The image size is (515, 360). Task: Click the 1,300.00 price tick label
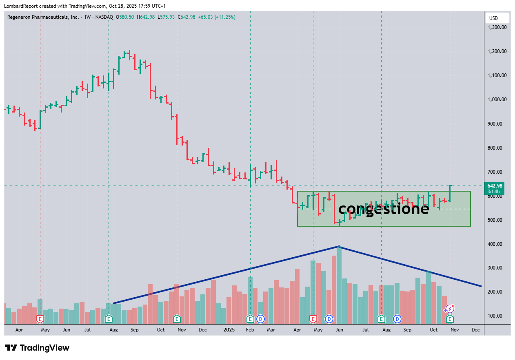(x=497, y=27)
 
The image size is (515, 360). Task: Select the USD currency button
(x=497, y=18)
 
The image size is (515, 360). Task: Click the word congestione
(x=384, y=209)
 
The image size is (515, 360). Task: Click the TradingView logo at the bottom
(x=37, y=348)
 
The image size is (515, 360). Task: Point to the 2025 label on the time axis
(x=228, y=329)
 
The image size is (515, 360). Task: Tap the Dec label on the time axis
(x=475, y=329)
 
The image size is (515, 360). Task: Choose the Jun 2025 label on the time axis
(x=339, y=329)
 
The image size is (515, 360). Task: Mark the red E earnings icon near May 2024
(x=40, y=318)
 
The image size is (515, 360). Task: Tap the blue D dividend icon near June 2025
(x=329, y=318)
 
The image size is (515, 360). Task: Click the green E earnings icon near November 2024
(x=177, y=318)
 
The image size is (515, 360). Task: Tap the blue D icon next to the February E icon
(x=260, y=318)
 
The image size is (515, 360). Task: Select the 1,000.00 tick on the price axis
(x=497, y=99)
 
